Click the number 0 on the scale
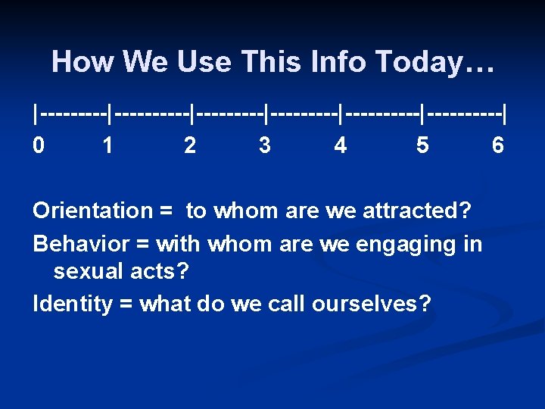38,145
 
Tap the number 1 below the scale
108,145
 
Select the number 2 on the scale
190,145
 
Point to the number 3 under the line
264,145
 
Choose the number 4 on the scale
341,145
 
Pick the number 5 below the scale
422,145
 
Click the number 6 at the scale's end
497,145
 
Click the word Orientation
92,211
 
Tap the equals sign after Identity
126,304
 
